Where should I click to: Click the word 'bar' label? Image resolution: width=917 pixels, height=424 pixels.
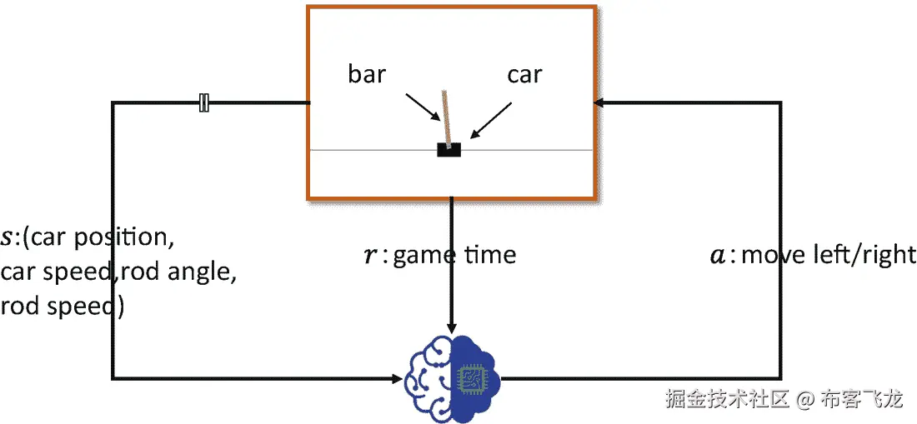coord(367,74)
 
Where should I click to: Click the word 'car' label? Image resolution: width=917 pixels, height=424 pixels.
coord(524,74)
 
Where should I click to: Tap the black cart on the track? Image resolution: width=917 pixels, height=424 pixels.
coord(449,150)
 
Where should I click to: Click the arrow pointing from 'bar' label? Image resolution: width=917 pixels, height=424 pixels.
coord(423,107)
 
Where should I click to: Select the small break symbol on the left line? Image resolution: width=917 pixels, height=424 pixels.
coord(204,103)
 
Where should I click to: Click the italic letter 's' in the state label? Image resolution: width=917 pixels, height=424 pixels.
coord(8,239)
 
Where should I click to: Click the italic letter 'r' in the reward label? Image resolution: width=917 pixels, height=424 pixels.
coord(371,256)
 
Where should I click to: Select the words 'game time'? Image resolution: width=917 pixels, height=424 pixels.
coord(454,254)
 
